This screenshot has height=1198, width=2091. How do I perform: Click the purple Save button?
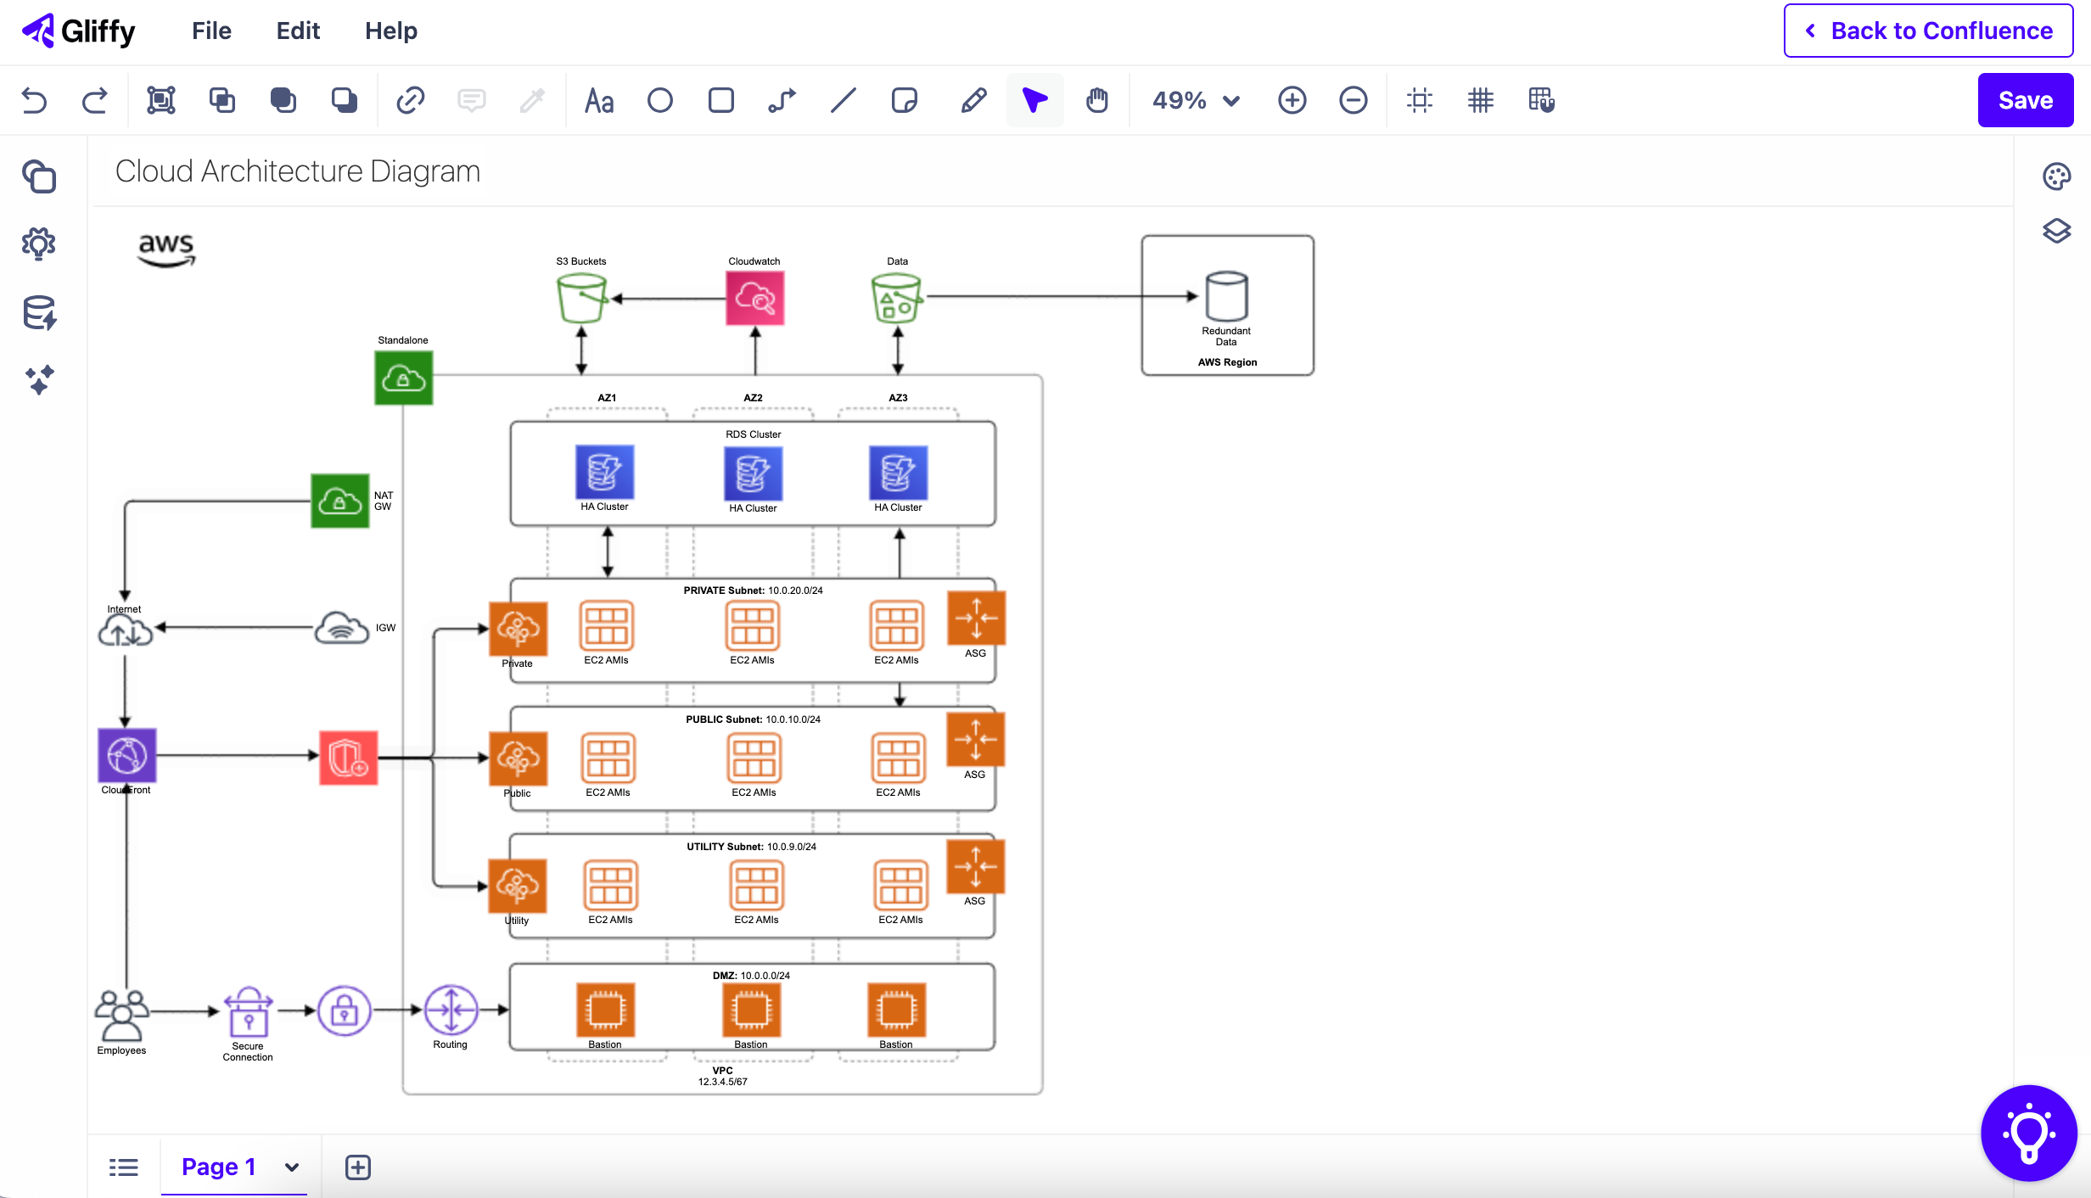[2025, 100]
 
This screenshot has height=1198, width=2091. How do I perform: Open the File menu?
[211, 31]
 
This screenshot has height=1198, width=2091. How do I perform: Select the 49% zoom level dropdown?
[1195, 100]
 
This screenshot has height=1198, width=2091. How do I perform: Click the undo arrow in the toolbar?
[34, 100]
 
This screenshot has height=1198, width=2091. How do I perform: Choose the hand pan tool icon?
[1096, 100]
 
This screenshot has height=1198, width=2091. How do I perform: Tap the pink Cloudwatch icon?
[754, 298]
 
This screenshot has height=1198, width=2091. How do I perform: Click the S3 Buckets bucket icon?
[581, 298]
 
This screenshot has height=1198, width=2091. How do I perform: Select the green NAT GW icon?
[339, 501]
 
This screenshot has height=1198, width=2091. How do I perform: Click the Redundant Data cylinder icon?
[1226, 296]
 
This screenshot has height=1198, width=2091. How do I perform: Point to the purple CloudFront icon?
[126, 754]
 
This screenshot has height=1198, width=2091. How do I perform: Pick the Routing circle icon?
[451, 1010]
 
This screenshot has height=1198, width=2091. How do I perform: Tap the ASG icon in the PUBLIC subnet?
[975, 739]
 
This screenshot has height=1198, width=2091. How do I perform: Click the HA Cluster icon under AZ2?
[753, 473]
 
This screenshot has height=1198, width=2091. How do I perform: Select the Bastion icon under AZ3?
[896, 1010]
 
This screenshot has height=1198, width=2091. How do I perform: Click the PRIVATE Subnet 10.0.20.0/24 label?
[753, 591]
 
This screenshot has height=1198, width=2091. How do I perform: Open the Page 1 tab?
[219, 1167]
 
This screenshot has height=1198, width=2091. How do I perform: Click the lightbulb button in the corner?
[2028, 1133]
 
